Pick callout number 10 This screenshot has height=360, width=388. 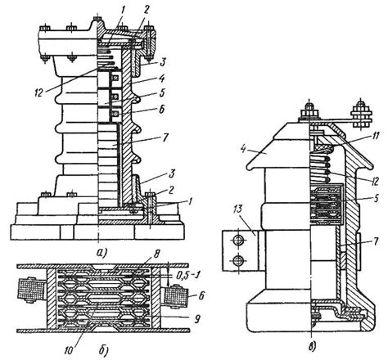[69, 349]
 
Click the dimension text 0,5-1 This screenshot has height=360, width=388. [188, 276]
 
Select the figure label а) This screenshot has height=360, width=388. [102, 253]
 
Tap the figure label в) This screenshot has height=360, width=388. [313, 347]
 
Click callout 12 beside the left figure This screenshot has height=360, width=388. [38, 92]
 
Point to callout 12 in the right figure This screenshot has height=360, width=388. [375, 181]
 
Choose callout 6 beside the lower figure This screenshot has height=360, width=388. [201, 296]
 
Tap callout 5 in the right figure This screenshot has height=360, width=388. [377, 198]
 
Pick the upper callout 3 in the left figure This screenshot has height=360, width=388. [162, 62]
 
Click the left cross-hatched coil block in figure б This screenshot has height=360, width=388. [30, 290]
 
